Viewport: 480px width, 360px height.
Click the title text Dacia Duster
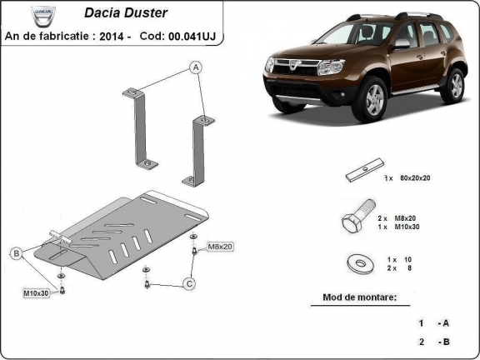pos(125,13)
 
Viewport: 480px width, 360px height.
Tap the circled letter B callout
pos(15,252)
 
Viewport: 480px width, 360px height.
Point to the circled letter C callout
pos(189,285)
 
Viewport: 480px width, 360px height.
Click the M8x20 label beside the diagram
pos(221,247)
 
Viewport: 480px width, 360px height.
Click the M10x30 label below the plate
pos(36,292)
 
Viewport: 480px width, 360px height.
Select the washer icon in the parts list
pos(359,264)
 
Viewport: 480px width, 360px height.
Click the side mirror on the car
pos(402,42)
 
